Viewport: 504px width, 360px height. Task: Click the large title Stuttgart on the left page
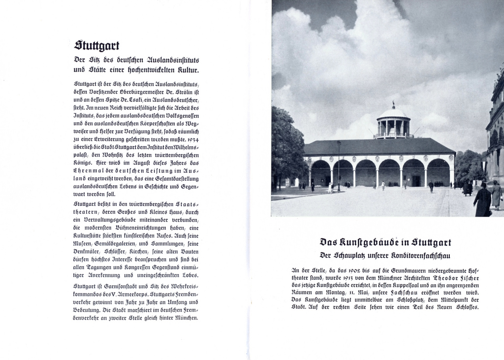point(96,45)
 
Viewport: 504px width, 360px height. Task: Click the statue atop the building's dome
point(393,104)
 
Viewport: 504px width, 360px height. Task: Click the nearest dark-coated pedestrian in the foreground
point(483,200)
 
